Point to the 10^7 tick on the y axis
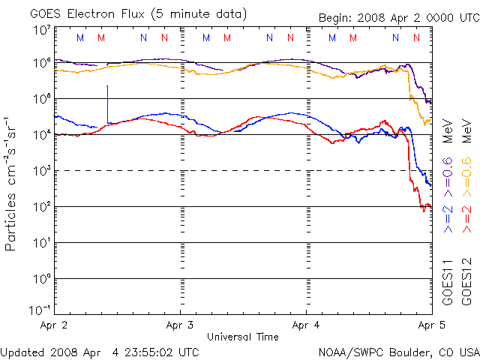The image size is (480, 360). [41, 29]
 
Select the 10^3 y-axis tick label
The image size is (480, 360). [41, 171]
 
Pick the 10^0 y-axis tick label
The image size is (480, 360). [41, 279]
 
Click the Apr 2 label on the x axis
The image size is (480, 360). [53, 325]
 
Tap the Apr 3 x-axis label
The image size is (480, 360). [180, 325]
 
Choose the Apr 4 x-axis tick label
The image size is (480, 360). [306, 325]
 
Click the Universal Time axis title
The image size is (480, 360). [242, 337]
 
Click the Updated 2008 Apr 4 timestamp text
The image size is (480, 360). [100, 352]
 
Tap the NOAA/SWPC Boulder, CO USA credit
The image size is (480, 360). [398, 352]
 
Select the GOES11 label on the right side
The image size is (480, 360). [448, 285]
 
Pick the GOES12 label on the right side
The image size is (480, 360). [466, 285]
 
